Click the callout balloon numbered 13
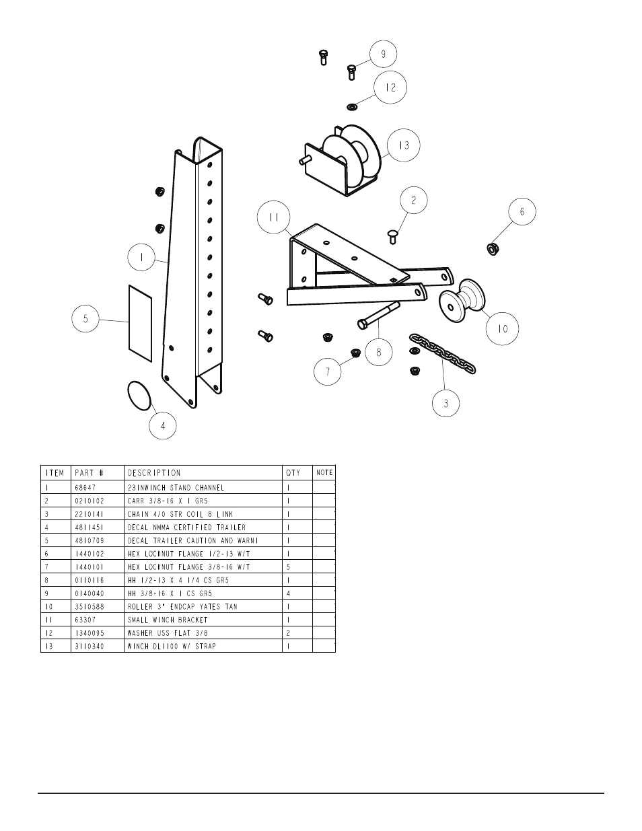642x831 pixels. (404, 145)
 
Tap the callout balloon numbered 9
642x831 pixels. (384, 54)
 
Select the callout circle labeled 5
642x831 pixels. (86, 319)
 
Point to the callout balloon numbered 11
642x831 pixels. (273, 218)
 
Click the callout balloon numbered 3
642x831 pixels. (446, 404)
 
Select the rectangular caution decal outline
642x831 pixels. (140, 318)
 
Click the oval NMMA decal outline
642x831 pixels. (139, 395)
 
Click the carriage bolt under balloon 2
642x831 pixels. (393, 235)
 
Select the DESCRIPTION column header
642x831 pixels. (154, 473)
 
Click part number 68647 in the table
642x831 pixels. (84, 487)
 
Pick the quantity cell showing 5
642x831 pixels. (289, 567)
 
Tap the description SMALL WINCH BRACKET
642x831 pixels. (168, 620)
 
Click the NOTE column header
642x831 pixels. (324, 473)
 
